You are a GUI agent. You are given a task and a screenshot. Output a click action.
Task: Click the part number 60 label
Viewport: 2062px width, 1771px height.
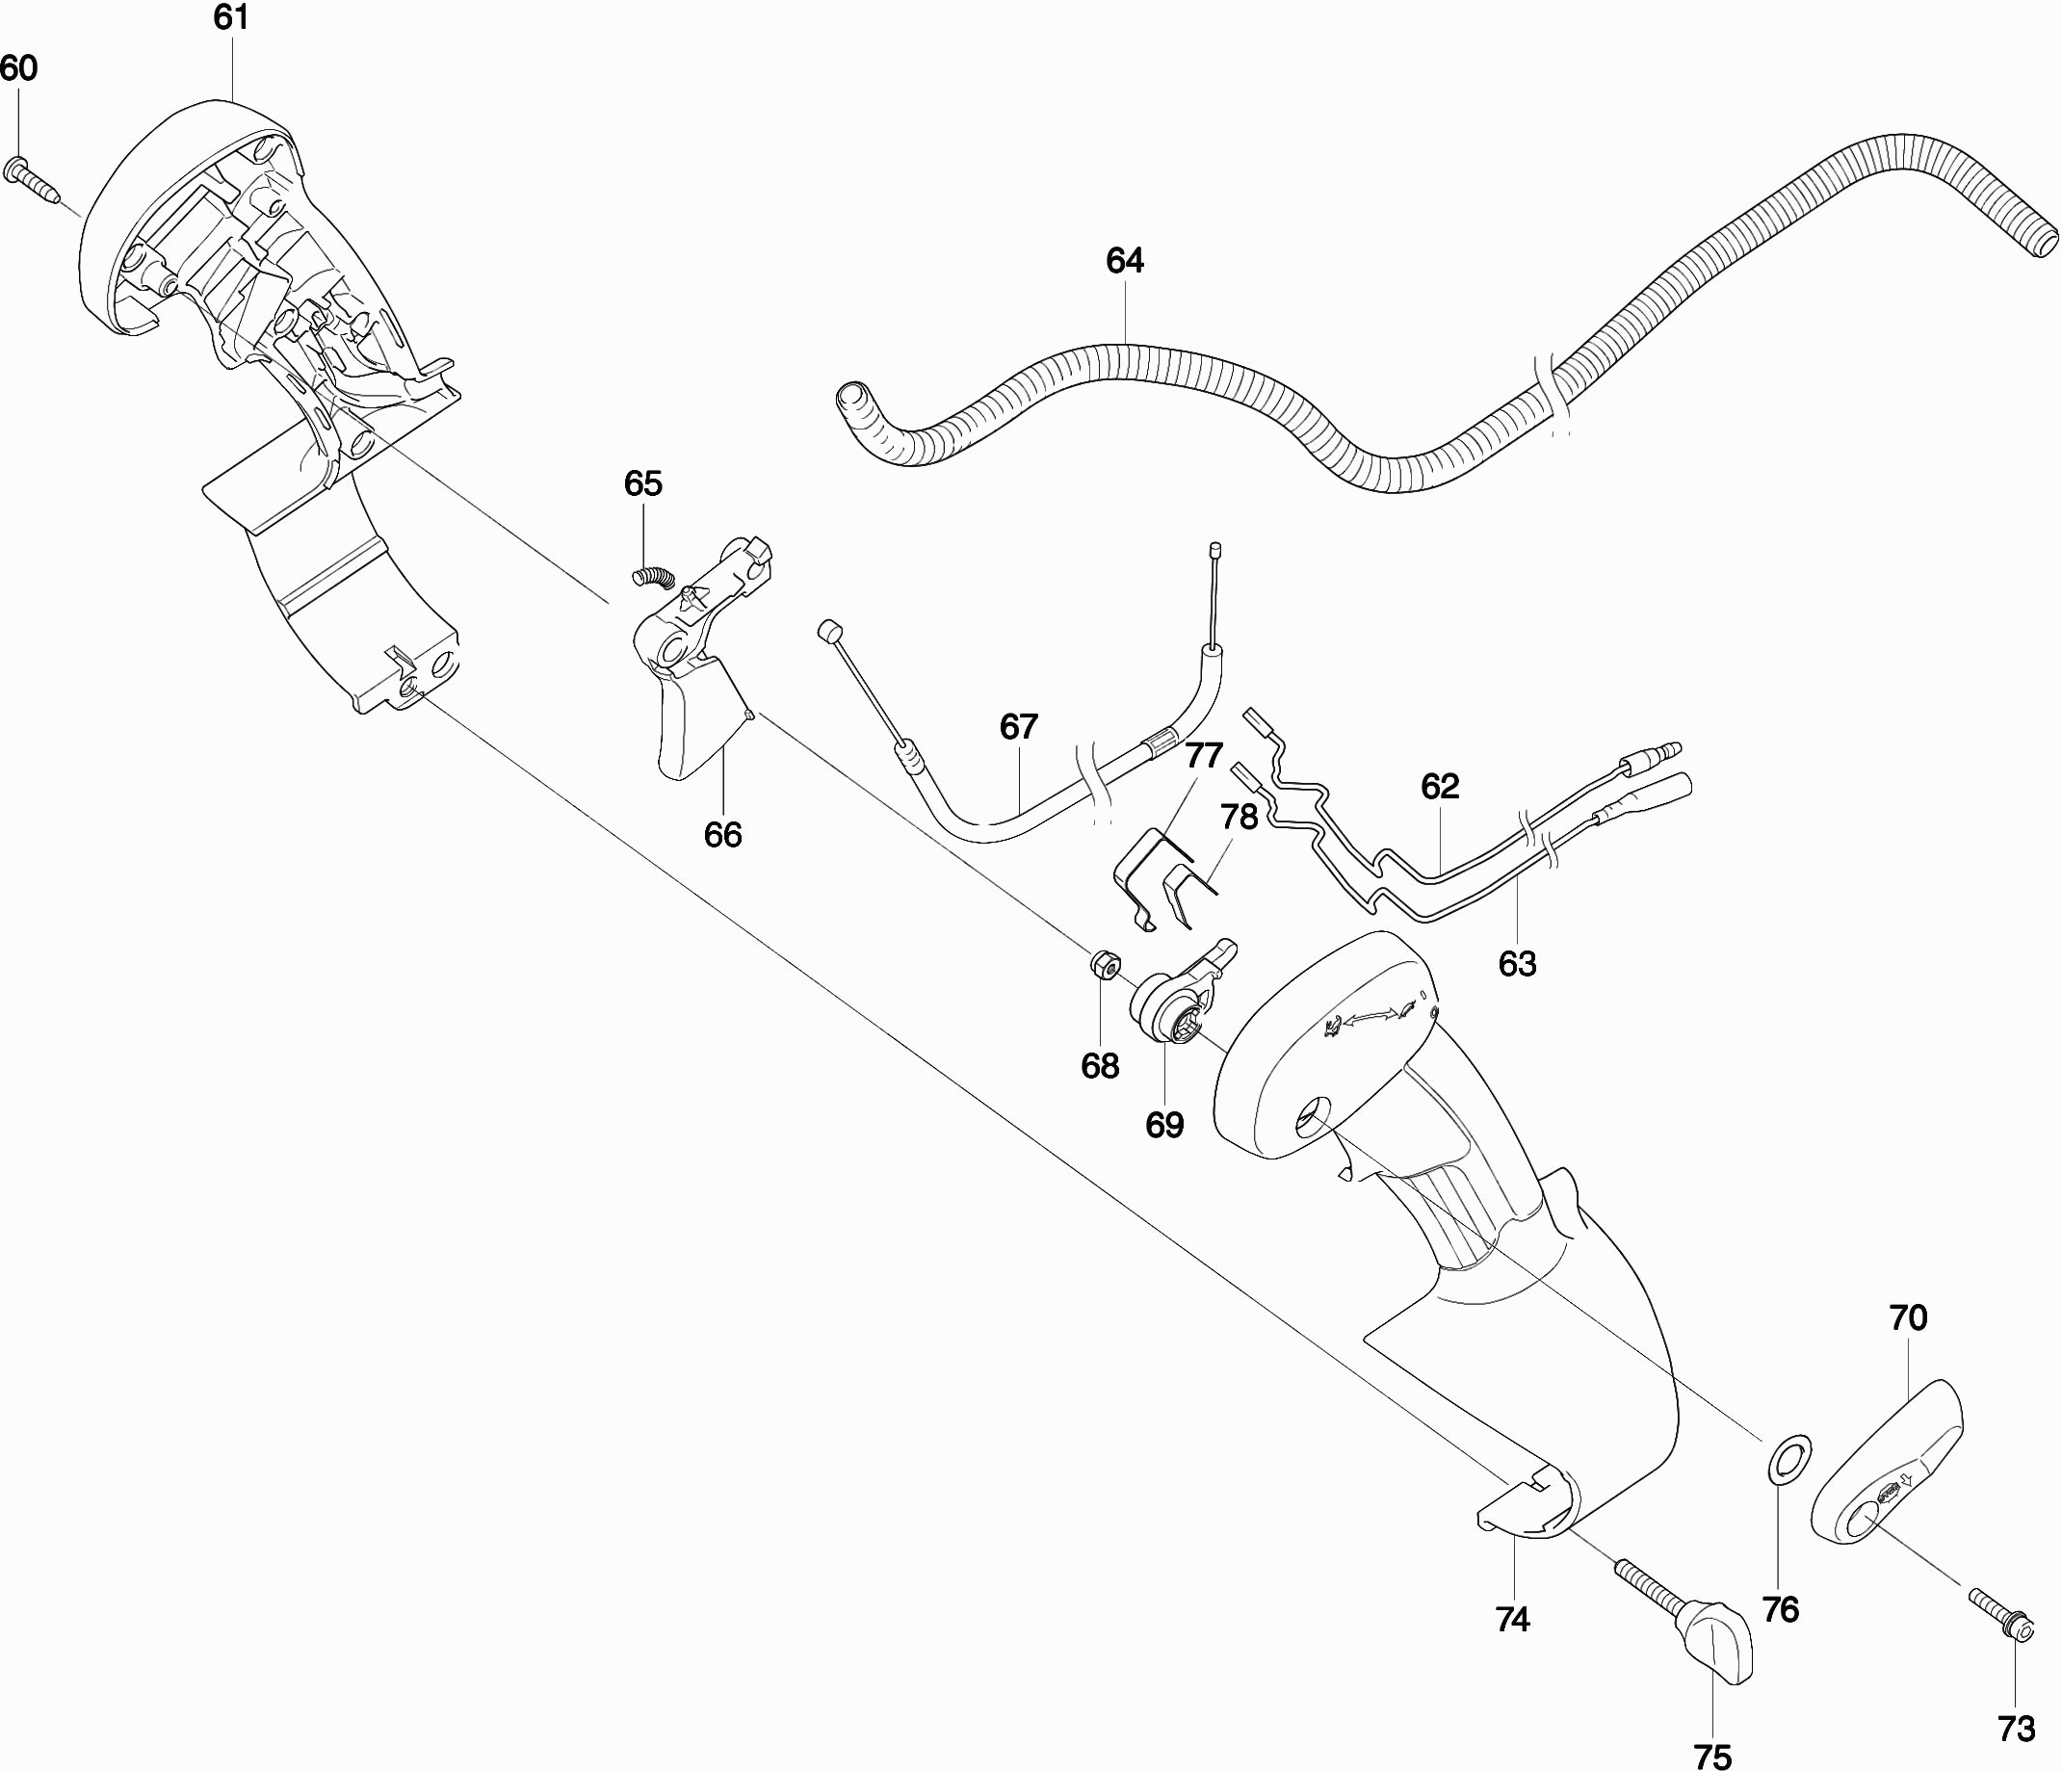click(x=18, y=68)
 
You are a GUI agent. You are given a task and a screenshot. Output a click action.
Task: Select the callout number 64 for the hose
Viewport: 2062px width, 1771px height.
click(x=1125, y=261)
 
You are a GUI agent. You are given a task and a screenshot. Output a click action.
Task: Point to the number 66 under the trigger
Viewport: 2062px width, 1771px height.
click(x=722, y=835)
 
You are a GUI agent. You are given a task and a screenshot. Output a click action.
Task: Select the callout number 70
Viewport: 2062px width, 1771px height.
click(x=1908, y=1317)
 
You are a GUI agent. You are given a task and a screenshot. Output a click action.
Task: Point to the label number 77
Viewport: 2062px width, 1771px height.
click(x=1203, y=755)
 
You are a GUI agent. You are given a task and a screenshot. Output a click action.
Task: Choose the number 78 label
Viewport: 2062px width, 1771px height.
click(x=1239, y=817)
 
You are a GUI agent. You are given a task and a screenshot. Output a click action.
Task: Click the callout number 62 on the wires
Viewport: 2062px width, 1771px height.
click(x=1439, y=786)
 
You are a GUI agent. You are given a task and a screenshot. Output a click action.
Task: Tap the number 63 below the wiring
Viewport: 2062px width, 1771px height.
click(x=1517, y=963)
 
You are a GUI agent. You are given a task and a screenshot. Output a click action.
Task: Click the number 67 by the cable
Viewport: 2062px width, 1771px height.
click(x=1019, y=727)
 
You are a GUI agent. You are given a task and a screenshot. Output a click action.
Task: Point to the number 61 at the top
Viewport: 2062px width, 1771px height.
click(x=231, y=18)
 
